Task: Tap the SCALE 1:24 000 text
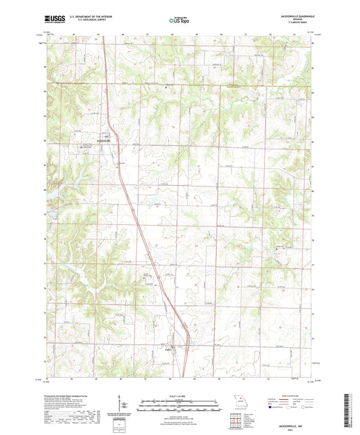180,395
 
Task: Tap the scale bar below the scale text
180,407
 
